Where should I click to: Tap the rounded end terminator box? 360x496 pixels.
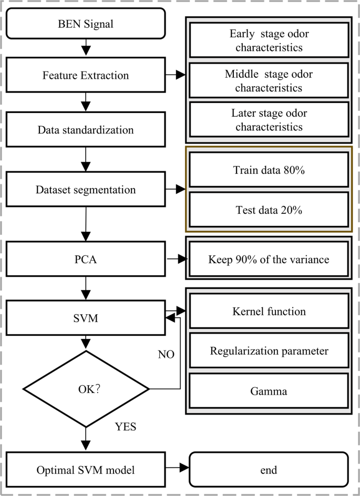click(269, 469)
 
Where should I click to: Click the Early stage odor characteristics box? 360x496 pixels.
click(269, 40)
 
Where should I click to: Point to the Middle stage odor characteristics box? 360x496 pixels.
click(269, 81)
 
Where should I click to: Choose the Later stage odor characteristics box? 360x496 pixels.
click(269, 120)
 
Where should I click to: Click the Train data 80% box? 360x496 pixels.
click(269, 170)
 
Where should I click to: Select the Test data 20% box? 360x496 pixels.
click(269, 210)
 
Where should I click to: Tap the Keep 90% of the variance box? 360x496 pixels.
click(269, 260)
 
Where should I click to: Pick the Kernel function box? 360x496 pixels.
click(269, 312)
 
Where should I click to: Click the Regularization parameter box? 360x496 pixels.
click(269, 352)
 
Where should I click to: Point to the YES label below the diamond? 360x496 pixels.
click(125, 427)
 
